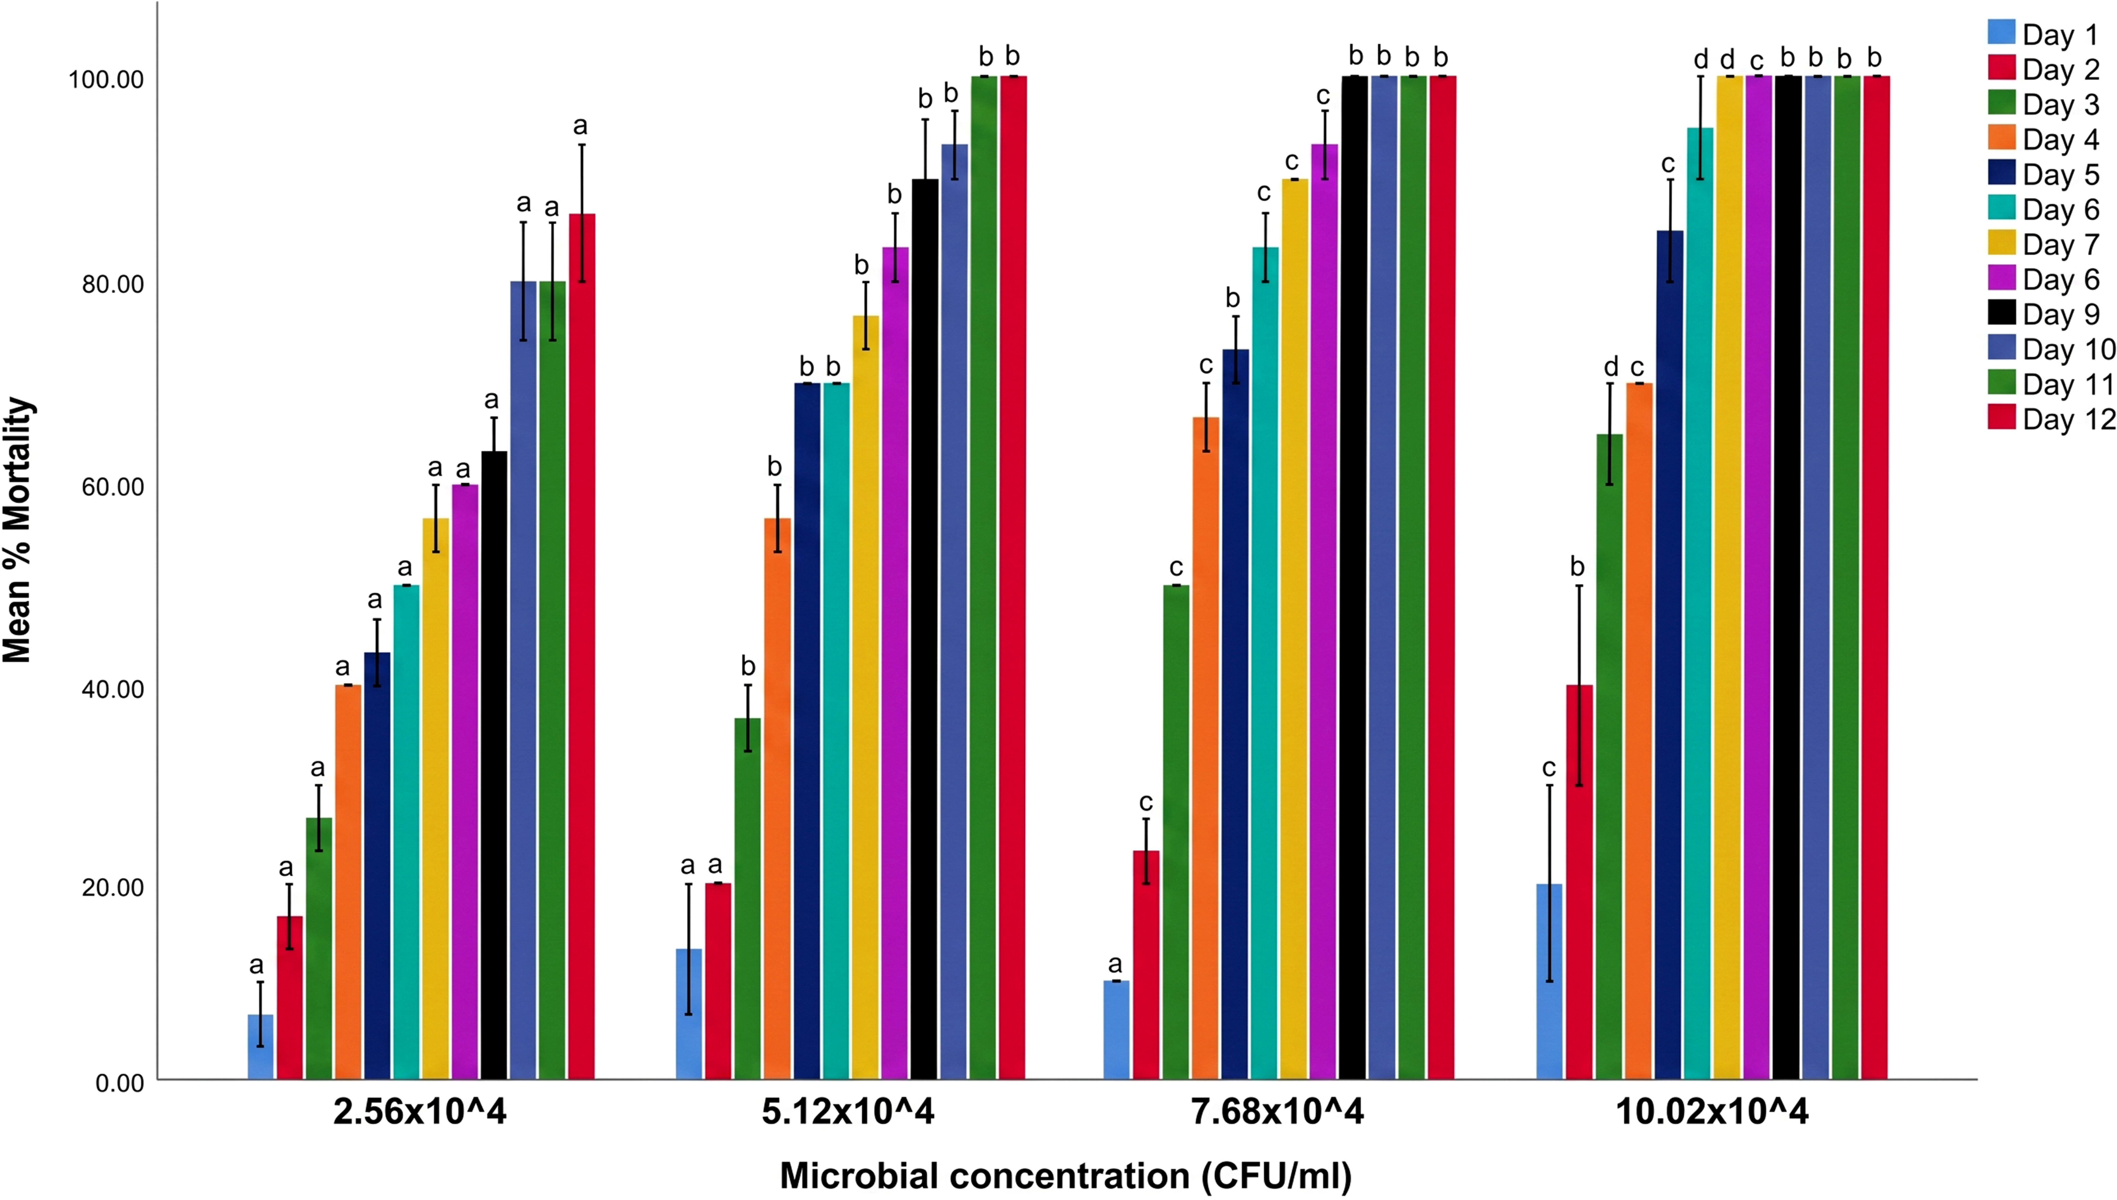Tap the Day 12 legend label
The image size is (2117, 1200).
pyautogui.click(x=2068, y=420)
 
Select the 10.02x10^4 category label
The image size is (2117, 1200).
pyautogui.click(x=1712, y=1112)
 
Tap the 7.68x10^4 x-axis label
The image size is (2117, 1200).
pyautogui.click(x=1278, y=1112)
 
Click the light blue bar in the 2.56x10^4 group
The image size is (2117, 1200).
pyautogui.click(x=260, y=1047)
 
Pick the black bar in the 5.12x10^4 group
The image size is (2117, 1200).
pyautogui.click(x=924, y=629)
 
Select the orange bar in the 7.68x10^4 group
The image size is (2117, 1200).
pyautogui.click(x=1206, y=748)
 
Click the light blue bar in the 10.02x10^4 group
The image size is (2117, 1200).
pyautogui.click(x=1549, y=982)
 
